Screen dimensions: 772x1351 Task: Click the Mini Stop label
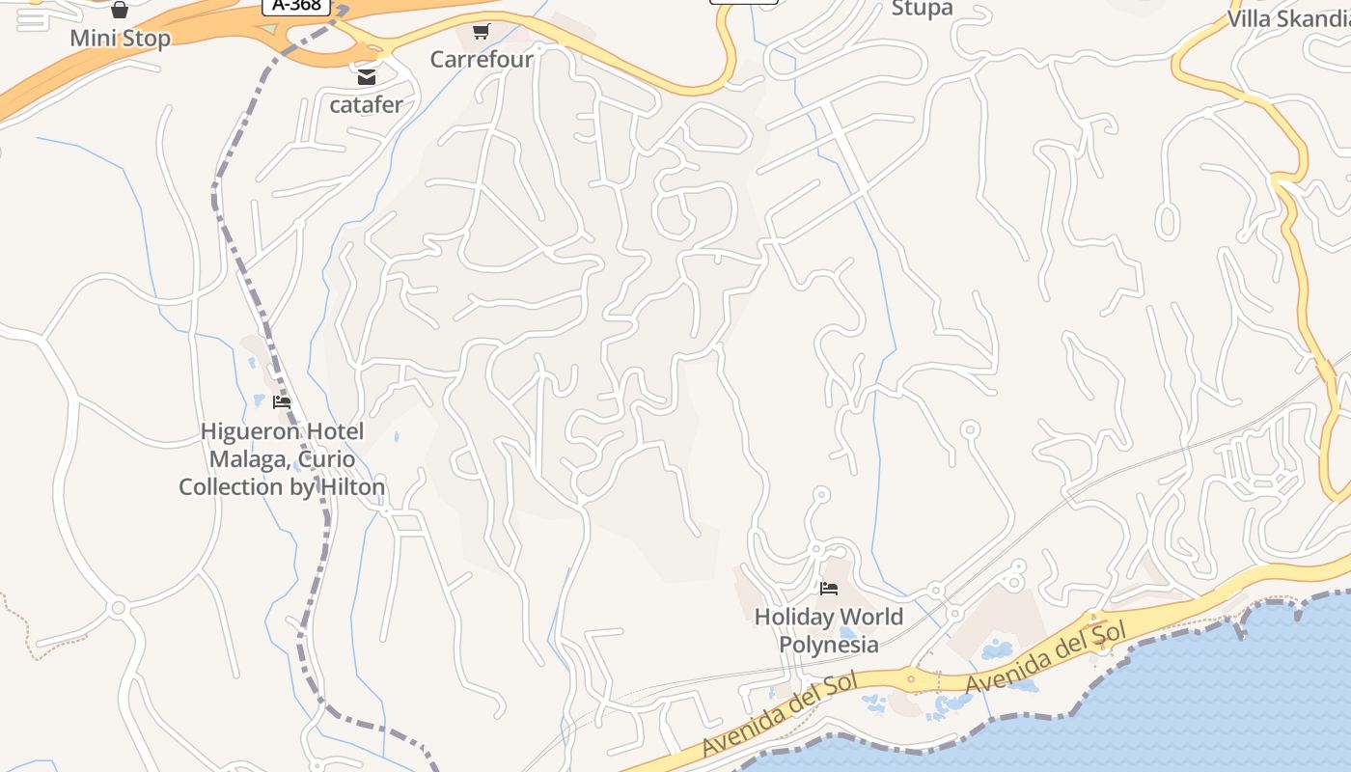pos(120,39)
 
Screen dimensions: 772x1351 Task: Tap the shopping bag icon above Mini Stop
pos(120,11)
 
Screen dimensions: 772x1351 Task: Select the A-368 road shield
pos(296,6)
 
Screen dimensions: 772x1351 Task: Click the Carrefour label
pos(482,59)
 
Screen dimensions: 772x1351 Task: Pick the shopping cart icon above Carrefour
pos(482,32)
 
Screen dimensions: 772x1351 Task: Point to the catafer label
pos(366,104)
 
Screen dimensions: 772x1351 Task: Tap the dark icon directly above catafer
pos(367,76)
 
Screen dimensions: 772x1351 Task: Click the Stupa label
pos(922,9)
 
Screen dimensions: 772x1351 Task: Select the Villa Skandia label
pos(1288,19)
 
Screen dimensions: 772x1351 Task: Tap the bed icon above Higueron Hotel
pos(282,402)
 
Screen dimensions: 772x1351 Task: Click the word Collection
pos(231,487)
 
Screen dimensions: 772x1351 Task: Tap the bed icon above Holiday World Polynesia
pos(828,589)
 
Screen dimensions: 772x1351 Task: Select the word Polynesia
pos(828,645)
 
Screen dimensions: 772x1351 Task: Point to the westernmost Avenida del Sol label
pos(780,716)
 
